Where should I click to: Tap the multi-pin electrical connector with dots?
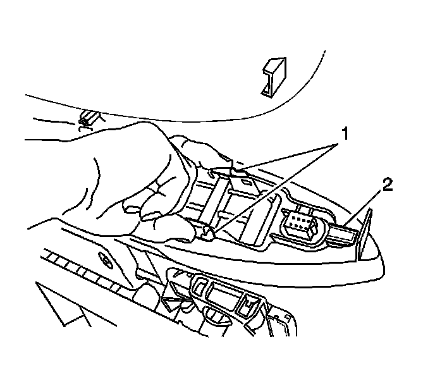tap(297, 222)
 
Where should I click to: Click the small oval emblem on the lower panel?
tap(102, 258)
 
